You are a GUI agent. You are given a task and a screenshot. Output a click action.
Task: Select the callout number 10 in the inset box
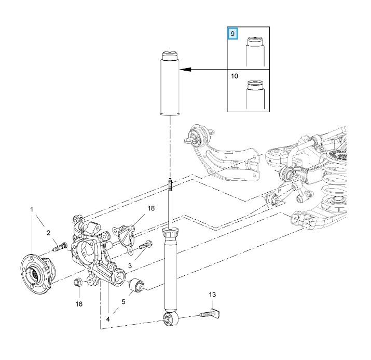coord(235,76)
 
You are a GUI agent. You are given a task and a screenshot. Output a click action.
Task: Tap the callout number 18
coord(151,208)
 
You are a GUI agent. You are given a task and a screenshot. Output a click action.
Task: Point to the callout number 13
coord(212,295)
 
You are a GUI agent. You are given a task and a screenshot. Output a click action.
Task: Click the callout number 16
coord(79,303)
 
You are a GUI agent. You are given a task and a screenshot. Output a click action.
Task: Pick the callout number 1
coord(32,209)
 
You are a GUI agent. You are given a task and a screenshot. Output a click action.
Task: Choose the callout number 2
coord(48,232)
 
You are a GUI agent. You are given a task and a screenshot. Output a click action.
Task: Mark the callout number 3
coord(130,265)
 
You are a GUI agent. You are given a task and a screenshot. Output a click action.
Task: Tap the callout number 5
coord(123,301)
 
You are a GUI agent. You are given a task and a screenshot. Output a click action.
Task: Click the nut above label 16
coord(79,283)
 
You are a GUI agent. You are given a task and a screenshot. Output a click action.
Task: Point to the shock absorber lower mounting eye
coord(169,319)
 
